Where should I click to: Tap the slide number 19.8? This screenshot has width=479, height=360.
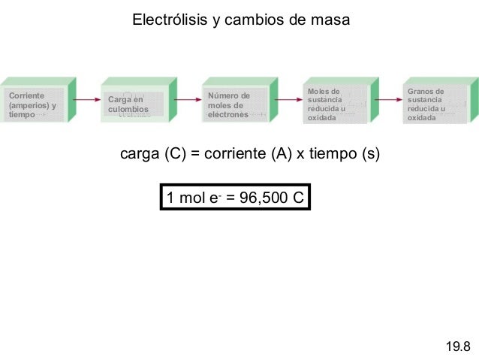click(458, 346)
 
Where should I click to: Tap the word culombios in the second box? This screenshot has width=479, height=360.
click(128, 110)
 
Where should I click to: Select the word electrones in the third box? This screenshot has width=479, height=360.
click(228, 115)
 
